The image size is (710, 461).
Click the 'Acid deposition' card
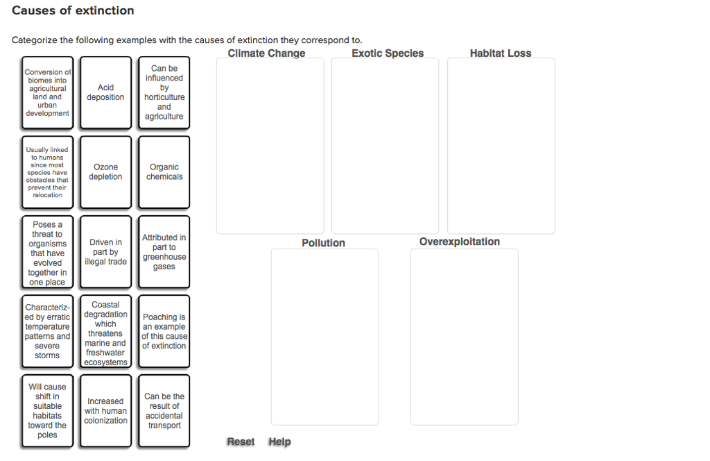(105, 92)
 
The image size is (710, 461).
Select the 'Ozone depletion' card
(105, 172)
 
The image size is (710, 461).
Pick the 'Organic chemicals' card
(164, 172)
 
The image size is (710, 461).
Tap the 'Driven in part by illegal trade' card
(105, 252)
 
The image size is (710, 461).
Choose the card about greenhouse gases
(164, 252)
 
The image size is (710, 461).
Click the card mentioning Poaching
(164, 332)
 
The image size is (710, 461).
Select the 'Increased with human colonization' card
(105, 411)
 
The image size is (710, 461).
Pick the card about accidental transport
(164, 411)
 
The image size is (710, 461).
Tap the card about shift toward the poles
(47, 411)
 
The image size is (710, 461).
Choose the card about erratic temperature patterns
(47, 332)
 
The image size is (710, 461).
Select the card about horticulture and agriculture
(164, 92)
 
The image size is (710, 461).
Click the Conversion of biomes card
(47, 92)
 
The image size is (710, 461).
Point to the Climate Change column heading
(266, 53)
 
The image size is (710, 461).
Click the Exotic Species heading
(387, 53)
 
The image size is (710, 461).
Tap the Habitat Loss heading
(500, 53)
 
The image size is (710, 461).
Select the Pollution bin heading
(323, 243)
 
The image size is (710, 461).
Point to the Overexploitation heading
(459, 242)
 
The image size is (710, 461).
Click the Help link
(279, 442)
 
